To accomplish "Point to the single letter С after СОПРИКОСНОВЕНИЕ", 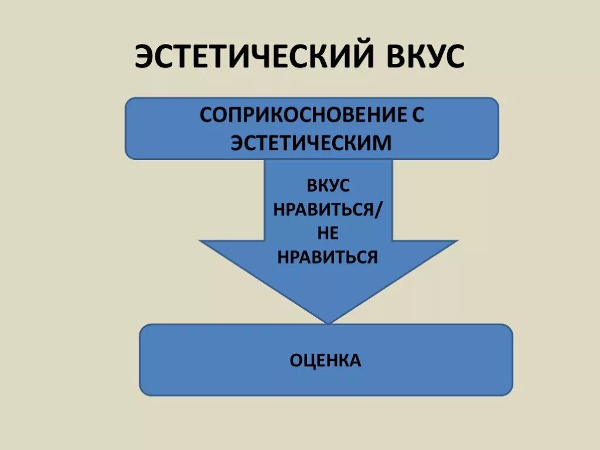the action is (x=417, y=115).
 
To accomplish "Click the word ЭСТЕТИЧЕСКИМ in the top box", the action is (x=311, y=142).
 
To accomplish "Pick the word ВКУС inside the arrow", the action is (x=328, y=186).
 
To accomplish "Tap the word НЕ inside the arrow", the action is (x=328, y=233).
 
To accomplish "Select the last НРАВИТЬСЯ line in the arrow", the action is (x=328, y=257).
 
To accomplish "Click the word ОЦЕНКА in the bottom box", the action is (x=326, y=360).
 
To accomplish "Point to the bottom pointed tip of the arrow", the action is (x=328, y=322).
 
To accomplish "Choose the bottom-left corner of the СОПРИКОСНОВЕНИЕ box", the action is (x=127, y=156).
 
